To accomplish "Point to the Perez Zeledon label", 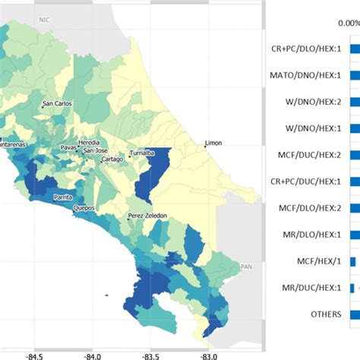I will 147,216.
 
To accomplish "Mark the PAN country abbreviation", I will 245,267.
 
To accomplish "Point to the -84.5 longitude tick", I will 34,354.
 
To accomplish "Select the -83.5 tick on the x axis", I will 150,354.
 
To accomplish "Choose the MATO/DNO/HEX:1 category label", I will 305,75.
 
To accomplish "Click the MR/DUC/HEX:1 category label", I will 310,288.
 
